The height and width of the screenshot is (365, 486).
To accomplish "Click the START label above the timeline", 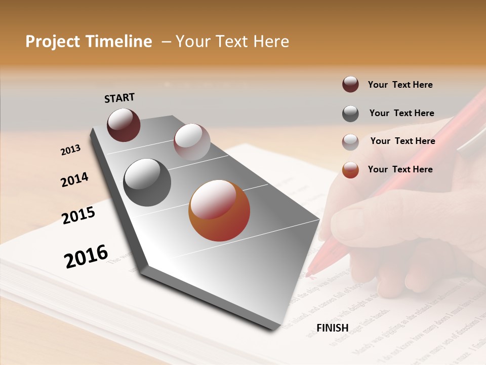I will (x=119, y=98).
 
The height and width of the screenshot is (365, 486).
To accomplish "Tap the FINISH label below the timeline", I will (x=332, y=328).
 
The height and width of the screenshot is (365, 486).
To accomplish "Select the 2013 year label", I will (x=70, y=150).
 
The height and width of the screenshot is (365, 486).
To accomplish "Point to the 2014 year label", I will (x=74, y=179).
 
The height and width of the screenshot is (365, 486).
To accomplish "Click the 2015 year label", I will (x=78, y=215).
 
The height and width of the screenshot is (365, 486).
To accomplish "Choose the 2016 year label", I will (x=86, y=256).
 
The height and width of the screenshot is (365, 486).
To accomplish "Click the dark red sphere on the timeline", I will (x=124, y=125).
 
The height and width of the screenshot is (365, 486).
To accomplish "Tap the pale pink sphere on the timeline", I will (x=192, y=142).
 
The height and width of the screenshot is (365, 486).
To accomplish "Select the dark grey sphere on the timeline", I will (x=147, y=182).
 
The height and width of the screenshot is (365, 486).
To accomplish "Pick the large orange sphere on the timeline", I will (x=219, y=210).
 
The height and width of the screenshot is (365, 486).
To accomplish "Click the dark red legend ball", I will (x=350, y=85).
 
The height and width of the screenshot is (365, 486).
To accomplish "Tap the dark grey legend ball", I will (x=350, y=114).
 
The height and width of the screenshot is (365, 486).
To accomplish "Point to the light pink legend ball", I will (x=350, y=142).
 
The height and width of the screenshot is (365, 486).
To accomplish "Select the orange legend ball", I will (x=350, y=170).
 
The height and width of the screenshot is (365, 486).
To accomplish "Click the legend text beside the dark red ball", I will (x=400, y=85).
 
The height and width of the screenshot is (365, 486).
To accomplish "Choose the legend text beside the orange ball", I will (x=400, y=169).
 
